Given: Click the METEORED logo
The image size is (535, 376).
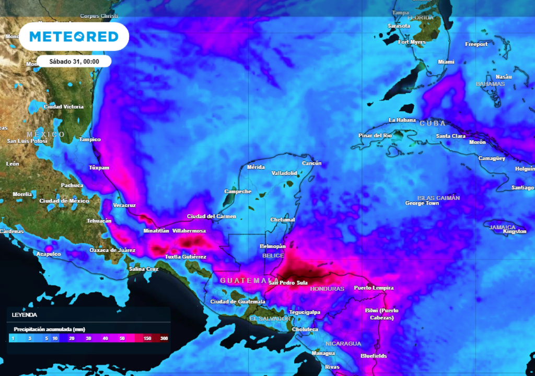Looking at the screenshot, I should tap(74, 36).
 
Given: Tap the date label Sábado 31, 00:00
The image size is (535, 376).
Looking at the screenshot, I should tap(74, 61).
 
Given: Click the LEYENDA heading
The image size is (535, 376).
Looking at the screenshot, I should tap(25, 315).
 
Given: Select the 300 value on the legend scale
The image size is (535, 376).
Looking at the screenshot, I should tap(164, 339).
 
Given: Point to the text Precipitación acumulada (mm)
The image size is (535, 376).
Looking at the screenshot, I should tap(49, 330).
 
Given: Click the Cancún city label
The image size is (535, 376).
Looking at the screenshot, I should tap(311, 163).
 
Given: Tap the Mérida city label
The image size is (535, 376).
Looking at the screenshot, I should tap(255, 167).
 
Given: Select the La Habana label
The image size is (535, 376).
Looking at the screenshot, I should tap(401, 120).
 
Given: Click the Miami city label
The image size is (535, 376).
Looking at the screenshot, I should tap(446, 62).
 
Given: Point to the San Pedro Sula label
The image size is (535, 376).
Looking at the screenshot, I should tap(288, 283).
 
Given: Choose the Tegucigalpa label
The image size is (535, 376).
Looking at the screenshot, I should tap(305, 312).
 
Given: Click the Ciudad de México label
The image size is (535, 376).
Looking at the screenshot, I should tap(64, 201).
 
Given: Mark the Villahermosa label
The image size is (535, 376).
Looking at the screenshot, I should tap(189, 231).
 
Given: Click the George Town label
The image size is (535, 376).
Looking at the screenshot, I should tap(422, 203).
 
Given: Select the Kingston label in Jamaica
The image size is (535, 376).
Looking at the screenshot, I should tap(515, 231).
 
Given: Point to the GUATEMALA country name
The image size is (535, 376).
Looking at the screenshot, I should tap(249, 280).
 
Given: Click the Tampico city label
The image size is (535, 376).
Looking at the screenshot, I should tap(89, 139).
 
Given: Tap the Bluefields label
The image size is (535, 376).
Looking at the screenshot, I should tap(374, 356).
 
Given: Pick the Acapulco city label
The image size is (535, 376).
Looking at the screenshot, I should tap(48, 254).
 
